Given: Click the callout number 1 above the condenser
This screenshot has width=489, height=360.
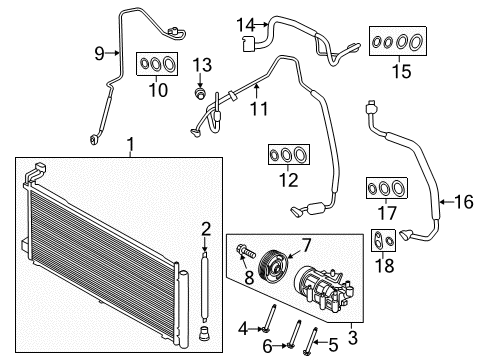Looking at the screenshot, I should tap(130, 150).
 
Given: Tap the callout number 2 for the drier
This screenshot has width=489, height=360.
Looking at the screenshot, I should tap(205, 227).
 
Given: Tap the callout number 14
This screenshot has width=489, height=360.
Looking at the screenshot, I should tap(246, 23).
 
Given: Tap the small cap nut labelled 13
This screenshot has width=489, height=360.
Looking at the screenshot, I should tap(200, 95).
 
